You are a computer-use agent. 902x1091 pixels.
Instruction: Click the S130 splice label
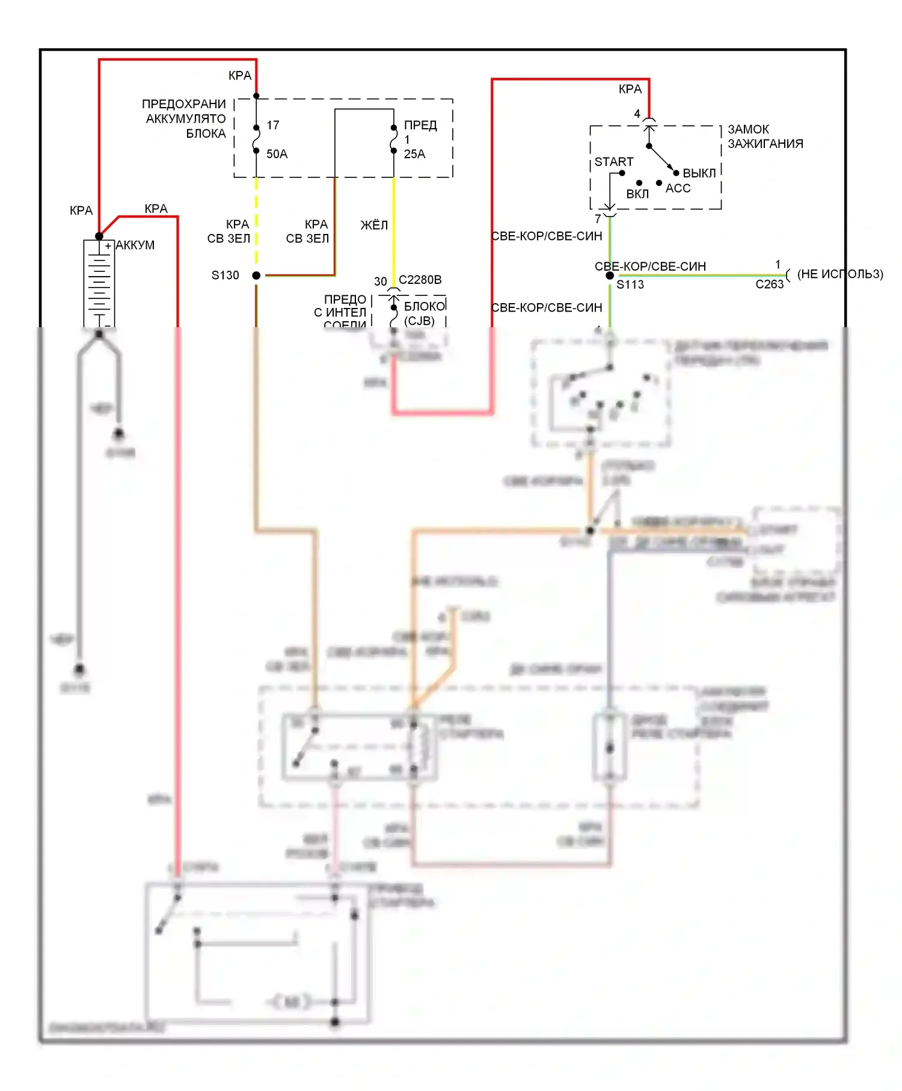click(x=225, y=275)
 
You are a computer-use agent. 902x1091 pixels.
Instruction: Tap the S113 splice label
click(x=630, y=284)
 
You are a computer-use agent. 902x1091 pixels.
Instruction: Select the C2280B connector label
click(x=420, y=280)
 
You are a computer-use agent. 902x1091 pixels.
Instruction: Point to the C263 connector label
click(x=769, y=284)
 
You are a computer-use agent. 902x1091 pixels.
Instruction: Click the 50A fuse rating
click(x=277, y=154)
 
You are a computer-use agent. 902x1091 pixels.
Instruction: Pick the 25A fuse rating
click(x=414, y=154)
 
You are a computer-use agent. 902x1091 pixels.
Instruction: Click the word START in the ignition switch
click(x=613, y=162)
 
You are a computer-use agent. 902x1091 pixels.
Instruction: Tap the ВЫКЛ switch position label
click(x=699, y=173)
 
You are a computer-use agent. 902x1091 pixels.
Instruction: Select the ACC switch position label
click(x=678, y=188)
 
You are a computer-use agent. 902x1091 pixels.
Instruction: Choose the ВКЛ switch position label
click(x=637, y=194)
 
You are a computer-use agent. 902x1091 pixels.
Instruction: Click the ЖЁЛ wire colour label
click(x=374, y=225)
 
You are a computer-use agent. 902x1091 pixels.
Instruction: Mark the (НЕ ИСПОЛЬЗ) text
click(x=840, y=274)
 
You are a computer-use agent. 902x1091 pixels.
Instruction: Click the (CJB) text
click(x=419, y=321)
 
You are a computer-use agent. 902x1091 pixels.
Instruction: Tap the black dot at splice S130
click(x=256, y=275)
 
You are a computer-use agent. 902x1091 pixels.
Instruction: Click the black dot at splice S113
click(x=610, y=275)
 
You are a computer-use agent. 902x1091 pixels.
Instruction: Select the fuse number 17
click(x=273, y=125)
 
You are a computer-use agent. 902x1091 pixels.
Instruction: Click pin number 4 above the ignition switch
click(x=637, y=114)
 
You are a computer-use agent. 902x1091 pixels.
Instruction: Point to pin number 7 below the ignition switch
click(x=598, y=219)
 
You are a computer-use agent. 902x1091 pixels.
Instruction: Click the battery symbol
click(x=99, y=283)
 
